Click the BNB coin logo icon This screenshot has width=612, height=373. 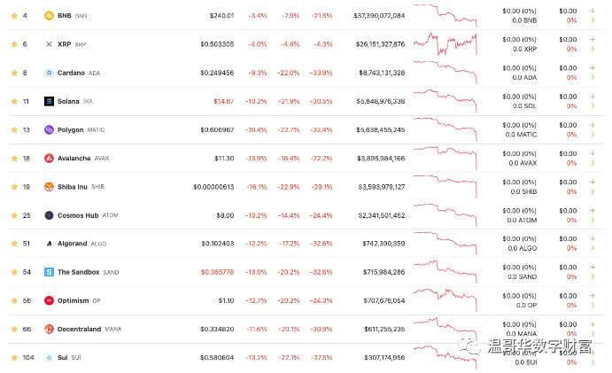(50, 15)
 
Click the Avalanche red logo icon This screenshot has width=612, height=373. (50, 158)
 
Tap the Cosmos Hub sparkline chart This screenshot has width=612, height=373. (445, 214)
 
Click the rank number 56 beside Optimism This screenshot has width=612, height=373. (27, 300)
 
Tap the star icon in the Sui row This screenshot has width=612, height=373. (13, 357)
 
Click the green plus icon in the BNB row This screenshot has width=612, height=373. (593, 10)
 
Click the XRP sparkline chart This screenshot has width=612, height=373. (445, 43)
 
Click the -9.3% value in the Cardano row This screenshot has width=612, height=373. (257, 73)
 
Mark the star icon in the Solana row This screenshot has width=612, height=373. (13, 101)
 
